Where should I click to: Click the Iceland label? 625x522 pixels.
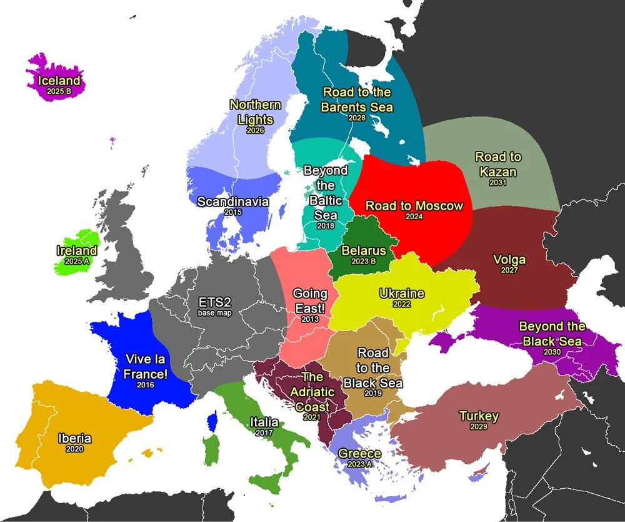point(59,81)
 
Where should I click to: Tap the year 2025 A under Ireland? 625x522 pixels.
point(77,262)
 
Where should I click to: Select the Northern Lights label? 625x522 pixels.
point(255,112)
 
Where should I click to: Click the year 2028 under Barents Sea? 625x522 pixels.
point(357,118)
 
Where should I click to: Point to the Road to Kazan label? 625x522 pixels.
point(497,164)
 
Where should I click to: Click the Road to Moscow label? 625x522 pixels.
point(414,206)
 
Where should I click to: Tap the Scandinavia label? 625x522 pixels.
point(232,202)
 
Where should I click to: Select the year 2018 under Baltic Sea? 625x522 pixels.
point(325,226)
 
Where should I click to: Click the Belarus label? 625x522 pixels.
point(364,251)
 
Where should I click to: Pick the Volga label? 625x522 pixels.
point(509,259)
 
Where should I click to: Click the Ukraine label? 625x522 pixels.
point(401,294)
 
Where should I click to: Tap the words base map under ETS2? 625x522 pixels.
point(214,313)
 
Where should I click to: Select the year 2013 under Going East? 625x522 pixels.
point(309,319)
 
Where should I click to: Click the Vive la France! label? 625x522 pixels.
point(146,366)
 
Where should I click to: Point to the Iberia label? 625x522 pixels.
point(74,438)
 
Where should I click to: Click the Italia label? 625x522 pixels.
point(264,422)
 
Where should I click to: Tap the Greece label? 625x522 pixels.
point(359,454)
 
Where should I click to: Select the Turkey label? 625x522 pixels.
point(479,416)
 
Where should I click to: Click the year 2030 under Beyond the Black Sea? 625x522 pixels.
point(552,352)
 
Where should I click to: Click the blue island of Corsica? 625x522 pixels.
point(212,421)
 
